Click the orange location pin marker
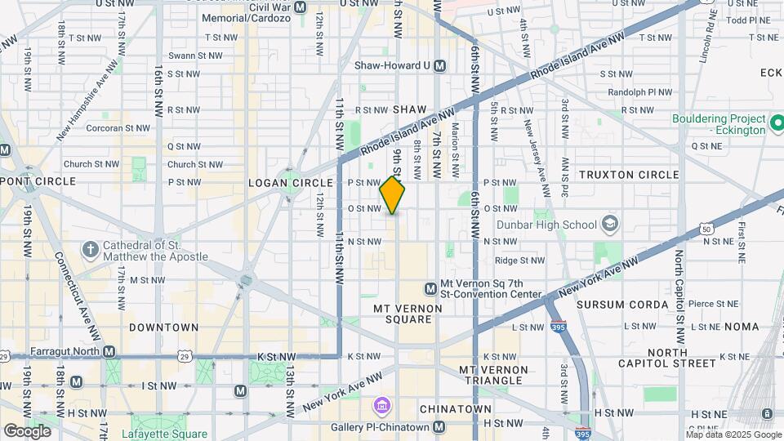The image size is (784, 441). pos(392,195)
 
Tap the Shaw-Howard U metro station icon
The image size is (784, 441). pos(440,65)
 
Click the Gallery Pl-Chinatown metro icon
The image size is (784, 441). pos(440,427)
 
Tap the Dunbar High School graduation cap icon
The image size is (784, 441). pos(609,224)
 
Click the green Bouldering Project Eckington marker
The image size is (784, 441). pos(777,124)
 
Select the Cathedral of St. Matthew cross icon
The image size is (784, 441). pos(91,248)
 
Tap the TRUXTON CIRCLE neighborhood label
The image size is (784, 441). pos(628,175)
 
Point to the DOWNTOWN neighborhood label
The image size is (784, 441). pos(163,327)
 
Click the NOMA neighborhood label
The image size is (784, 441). pos(740,327)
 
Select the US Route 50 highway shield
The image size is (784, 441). pos(706,229)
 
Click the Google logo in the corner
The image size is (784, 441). pos(27,431)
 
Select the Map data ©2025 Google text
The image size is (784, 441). pos(733,434)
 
